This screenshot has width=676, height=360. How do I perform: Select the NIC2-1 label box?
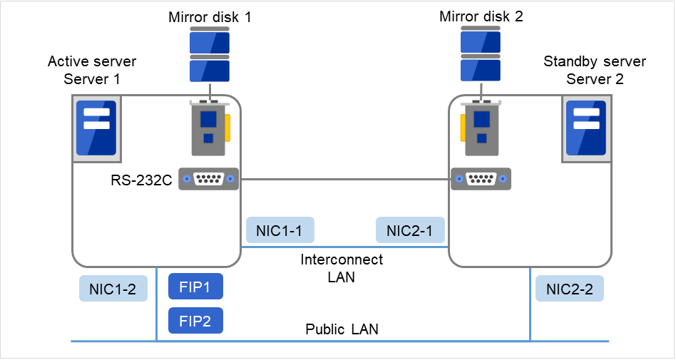click(410, 231)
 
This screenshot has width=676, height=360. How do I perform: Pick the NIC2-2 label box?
click(569, 288)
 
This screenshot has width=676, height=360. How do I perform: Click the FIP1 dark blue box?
click(195, 287)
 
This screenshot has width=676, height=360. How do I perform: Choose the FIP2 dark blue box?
click(195, 321)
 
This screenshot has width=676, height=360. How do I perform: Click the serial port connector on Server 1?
click(208, 180)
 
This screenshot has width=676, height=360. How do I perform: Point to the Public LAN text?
click(342, 329)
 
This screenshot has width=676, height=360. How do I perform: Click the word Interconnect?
click(342, 259)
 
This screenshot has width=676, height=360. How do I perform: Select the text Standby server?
click(595, 61)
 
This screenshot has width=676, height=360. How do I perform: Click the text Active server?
click(91, 61)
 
